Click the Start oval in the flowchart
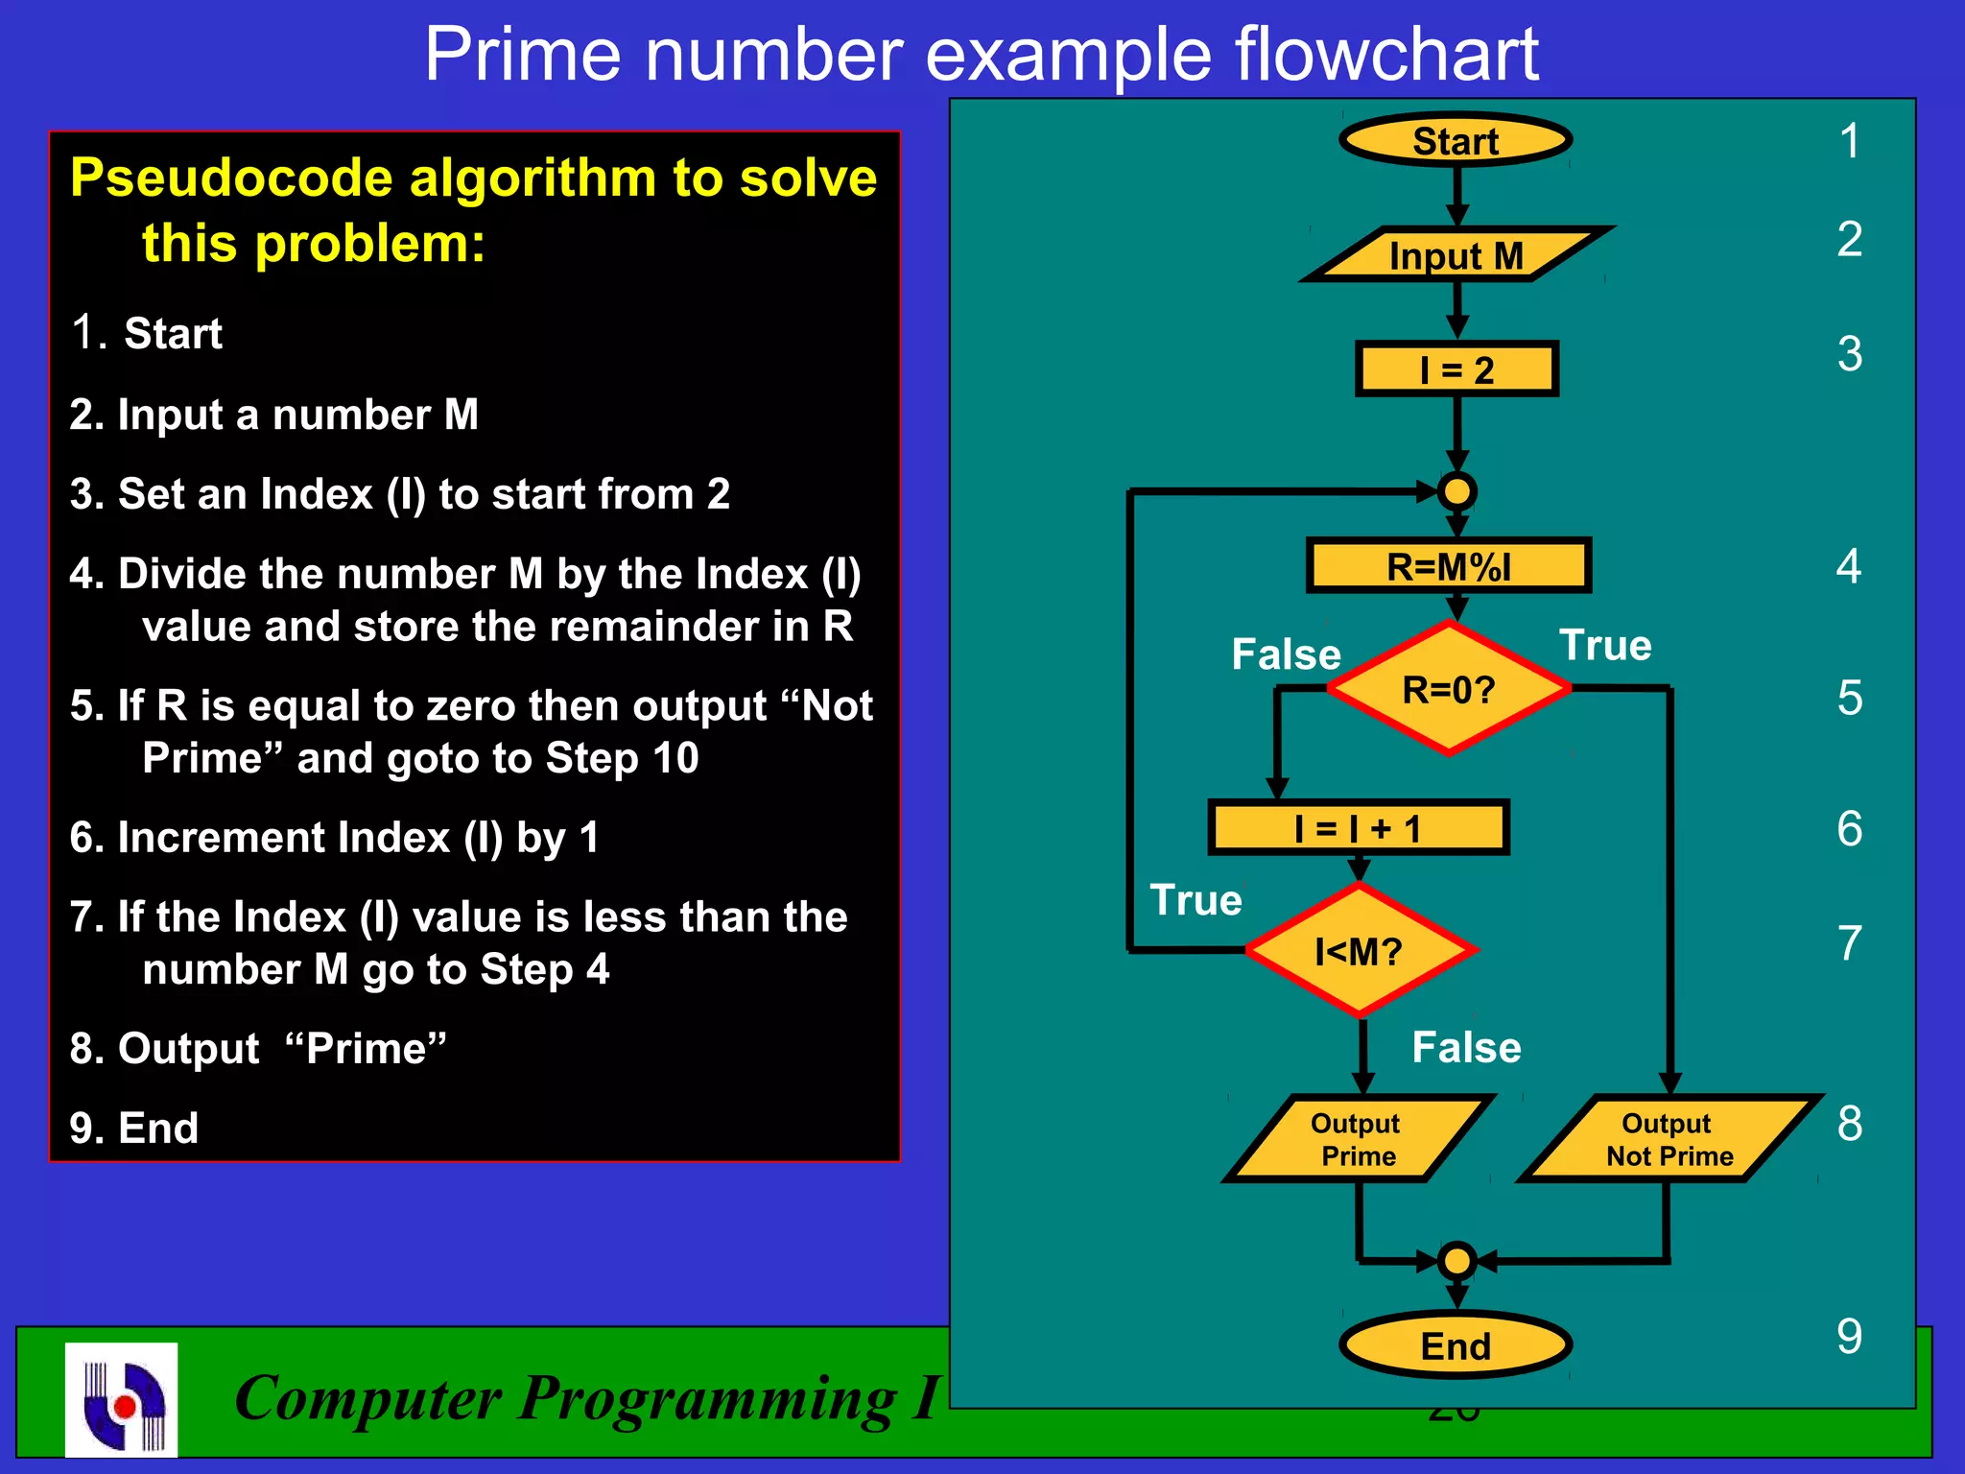tap(1456, 141)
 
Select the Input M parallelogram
tap(1456, 255)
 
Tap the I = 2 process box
tap(1456, 369)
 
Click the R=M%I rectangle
tap(1449, 566)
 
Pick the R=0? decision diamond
tap(1449, 689)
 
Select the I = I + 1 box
tap(1358, 827)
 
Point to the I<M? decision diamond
tap(1360, 950)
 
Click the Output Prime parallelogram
tap(1357, 1139)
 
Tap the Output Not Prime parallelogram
tap(1669, 1139)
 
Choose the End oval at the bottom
tap(1456, 1345)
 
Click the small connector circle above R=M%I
tap(1456, 491)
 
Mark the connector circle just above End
tap(1456, 1260)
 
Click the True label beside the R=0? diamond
tap(1605, 645)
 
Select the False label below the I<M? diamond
tap(1466, 1047)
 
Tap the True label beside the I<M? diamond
tap(1196, 900)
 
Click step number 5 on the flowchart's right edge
tap(1850, 698)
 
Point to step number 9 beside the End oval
tap(1850, 1336)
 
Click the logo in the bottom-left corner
tap(122, 1399)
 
